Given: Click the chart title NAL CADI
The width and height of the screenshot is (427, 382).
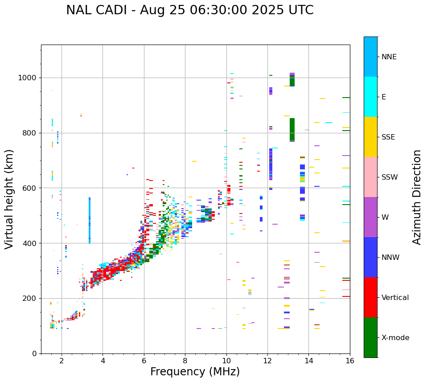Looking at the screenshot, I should [x=189, y=10].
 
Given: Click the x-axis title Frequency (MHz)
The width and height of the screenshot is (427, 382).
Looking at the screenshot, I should [x=195, y=372].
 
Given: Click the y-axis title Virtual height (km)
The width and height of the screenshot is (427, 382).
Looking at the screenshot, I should [x=9, y=199].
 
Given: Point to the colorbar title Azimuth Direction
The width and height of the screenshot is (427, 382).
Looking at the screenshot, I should [x=417, y=197].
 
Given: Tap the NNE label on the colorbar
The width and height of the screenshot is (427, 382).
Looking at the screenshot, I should [x=389, y=57].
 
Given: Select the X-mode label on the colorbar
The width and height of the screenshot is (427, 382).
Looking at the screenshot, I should [x=395, y=338].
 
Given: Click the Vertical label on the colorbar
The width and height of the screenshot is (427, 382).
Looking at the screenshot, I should [x=395, y=298].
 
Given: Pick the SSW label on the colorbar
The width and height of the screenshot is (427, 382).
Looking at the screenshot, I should [x=390, y=177].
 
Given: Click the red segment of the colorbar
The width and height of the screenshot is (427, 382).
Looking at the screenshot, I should [x=370, y=297].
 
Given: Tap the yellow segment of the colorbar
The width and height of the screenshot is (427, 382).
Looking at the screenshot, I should [x=370, y=136].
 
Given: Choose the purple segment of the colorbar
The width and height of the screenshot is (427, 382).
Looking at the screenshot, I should [x=370, y=217].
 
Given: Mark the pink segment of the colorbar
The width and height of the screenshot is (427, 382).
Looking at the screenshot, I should [x=370, y=177].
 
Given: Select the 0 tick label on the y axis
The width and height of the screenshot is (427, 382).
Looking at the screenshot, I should [x=34, y=353].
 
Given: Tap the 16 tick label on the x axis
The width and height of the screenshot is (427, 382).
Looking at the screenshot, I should [x=350, y=361].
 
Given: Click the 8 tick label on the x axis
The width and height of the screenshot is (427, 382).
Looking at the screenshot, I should [x=185, y=361].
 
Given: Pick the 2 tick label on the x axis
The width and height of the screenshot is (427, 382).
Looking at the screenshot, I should [x=62, y=361].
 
